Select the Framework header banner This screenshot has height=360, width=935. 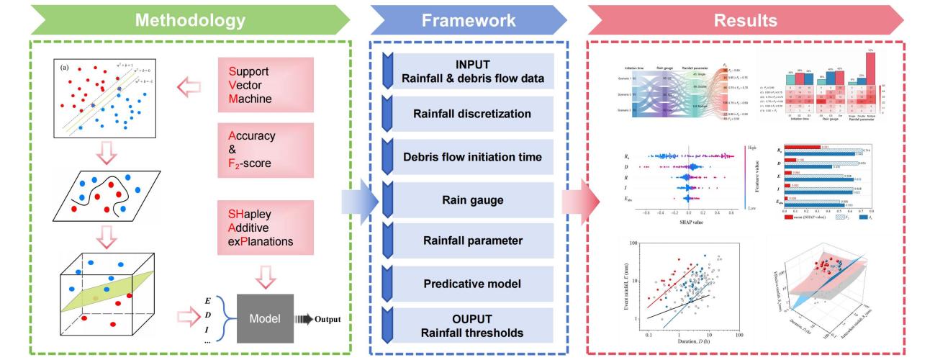point(468,19)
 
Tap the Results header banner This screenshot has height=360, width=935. point(756,19)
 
